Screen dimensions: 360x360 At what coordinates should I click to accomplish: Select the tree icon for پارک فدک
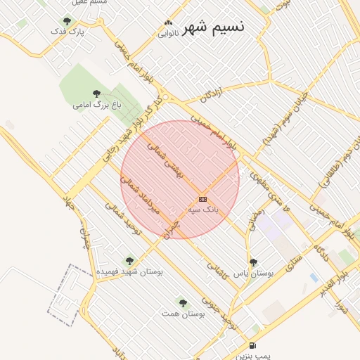[x=67, y=21]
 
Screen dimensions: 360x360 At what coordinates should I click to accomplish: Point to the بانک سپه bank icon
[x=202, y=200]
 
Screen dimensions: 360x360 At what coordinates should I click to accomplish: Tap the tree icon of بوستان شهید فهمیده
[x=129, y=261]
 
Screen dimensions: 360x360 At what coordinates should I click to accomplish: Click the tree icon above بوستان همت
[x=183, y=303]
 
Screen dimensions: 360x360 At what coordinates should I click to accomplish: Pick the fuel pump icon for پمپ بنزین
[x=252, y=346]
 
